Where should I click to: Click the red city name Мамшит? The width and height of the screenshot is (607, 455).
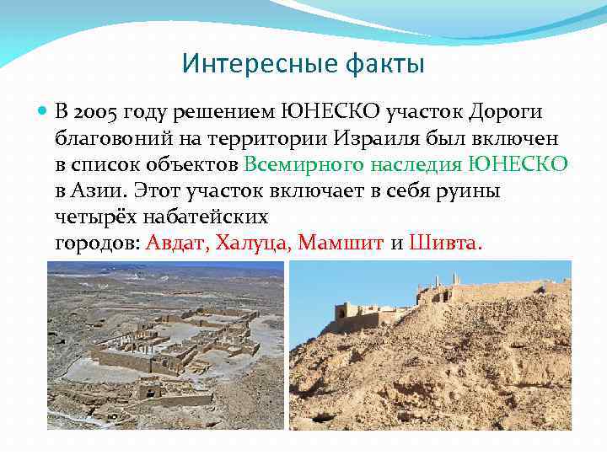point(342,244)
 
